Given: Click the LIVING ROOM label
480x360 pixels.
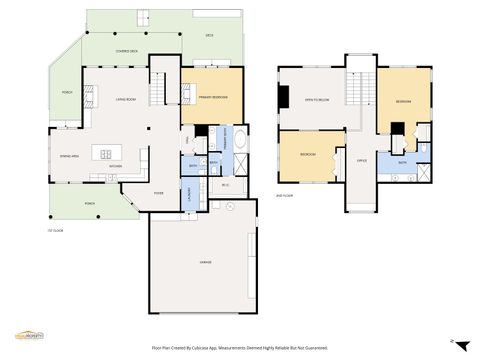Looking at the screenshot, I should coord(126,99).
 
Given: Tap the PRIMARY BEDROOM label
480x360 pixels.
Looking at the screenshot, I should coord(212,97).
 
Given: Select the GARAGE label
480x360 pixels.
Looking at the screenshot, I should coord(205,262).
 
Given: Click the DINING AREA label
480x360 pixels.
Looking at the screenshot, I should coord(69,157).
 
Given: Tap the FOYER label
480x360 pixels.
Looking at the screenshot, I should coord(159,194).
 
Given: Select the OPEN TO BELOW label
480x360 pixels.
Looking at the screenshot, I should coord(318,100).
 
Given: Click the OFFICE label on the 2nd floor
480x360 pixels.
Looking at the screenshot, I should coord(362,160).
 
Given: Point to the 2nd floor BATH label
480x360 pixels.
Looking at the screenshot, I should coord(402,161).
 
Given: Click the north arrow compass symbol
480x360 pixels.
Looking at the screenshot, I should coord(452,343).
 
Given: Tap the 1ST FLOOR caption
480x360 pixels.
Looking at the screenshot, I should coord(55,231).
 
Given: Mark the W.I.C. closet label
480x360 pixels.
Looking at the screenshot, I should coord(225,186).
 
